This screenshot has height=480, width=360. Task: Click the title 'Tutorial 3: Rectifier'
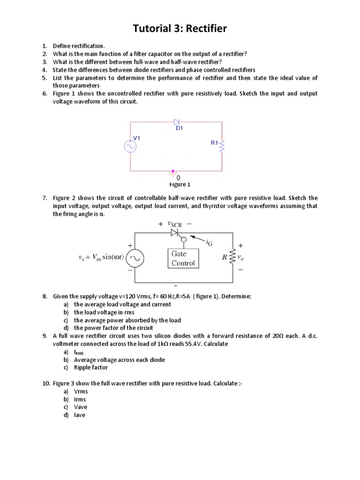180,29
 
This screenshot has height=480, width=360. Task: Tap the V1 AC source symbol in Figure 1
130,147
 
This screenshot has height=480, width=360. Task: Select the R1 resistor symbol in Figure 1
222,146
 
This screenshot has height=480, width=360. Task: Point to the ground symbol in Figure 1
174,172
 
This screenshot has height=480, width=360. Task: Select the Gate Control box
183,258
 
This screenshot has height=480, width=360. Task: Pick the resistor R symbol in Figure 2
231,258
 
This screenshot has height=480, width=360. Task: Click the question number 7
45,198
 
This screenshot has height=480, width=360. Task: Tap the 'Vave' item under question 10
81,407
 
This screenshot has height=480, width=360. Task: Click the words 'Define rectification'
79,46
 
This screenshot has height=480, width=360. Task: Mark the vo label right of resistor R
240,257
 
